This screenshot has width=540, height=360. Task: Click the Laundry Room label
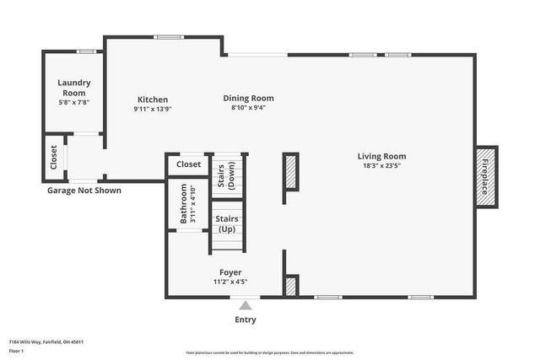click(73, 88)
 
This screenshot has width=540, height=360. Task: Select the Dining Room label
click(248, 98)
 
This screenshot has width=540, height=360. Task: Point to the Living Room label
click(381, 156)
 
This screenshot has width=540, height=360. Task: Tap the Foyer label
click(230, 272)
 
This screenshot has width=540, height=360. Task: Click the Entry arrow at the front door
click(246, 306)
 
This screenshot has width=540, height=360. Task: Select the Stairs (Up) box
click(227, 223)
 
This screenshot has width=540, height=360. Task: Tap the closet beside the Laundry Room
click(54, 159)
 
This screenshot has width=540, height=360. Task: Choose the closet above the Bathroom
click(188, 164)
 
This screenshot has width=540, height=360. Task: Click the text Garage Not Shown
click(84, 191)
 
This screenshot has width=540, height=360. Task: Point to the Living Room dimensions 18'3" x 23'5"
click(381, 166)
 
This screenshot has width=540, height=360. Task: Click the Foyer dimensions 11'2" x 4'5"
click(230, 282)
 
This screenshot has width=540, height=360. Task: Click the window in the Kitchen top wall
click(169, 36)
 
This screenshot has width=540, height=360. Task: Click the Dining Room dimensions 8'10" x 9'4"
click(248, 108)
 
